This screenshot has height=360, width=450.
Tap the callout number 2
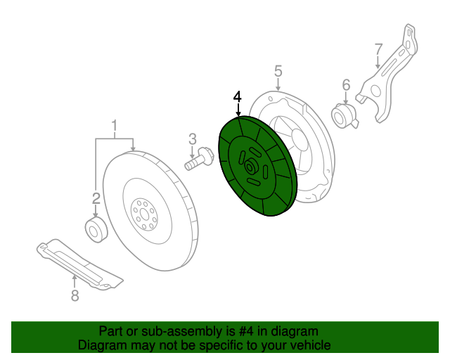pyautogui.click(x=96, y=198)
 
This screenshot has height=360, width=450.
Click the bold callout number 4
pyautogui.click(x=238, y=96)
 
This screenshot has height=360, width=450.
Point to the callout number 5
pyautogui.click(x=278, y=70)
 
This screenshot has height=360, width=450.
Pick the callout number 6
pyautogui.click(x=346, y=85)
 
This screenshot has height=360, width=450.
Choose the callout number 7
pyautogui.click(x=378, y=49)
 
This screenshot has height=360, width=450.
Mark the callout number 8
pyautogui.click(x=75, y=296)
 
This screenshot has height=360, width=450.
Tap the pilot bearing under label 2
pyautogui.click(x=95, y=230)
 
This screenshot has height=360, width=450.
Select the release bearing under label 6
pyautogui.click(x=345, y=115)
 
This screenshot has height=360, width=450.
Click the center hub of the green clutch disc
pyautogui.click(x=250, y=167)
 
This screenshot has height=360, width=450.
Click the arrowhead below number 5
pyautogui.click(x=278, y=88)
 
